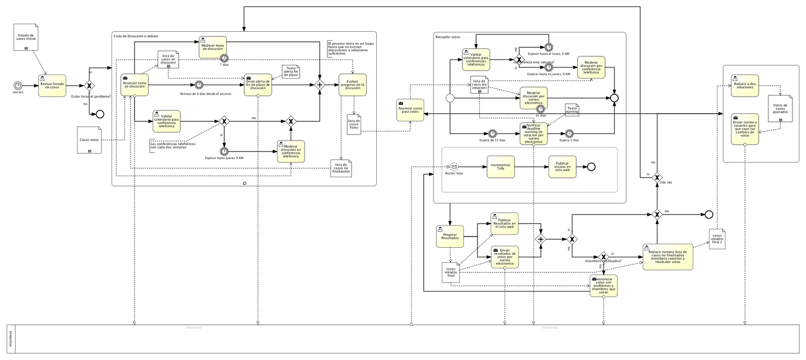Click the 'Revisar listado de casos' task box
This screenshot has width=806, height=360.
click(51, 86)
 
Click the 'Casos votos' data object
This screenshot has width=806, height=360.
click(89, 140)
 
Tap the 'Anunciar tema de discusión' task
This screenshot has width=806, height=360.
click(135, 85)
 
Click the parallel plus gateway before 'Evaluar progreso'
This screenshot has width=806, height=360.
click(319, 85)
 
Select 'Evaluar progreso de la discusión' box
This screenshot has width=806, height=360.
click(353, 85)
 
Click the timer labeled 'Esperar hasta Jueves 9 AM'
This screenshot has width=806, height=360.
click(224, 151)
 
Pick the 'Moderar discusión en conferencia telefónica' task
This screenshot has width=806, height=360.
click(291, 151)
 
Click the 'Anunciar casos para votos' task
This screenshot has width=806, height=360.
click(410, 109)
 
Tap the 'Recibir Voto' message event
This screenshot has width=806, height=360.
click(454, 167)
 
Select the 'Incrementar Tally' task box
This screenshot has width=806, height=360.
click(501, 167)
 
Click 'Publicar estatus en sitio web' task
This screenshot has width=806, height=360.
click(562, 167)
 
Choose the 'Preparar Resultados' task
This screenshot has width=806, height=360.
click(449, 236)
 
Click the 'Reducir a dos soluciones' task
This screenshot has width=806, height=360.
click(745, 86)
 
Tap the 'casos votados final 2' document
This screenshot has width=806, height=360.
click(717, 238)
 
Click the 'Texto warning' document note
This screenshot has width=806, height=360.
click(572, 110)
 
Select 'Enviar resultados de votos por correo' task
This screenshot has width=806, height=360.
click(505, 257)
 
